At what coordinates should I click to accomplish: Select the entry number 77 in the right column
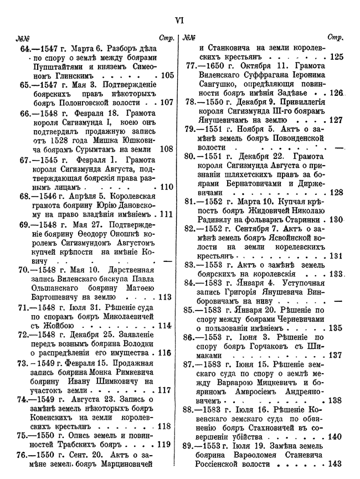click(x=191, y=66)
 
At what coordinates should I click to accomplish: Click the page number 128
click(x=336, y=193)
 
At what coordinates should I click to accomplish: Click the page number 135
click(x=336, y=328)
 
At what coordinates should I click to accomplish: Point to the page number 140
click(x=336, y=436)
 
